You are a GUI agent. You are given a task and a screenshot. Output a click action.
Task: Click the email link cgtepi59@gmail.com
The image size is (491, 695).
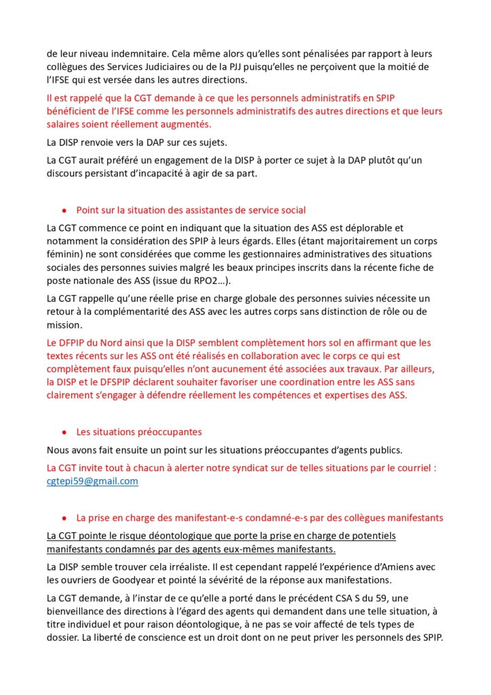pos(92,481)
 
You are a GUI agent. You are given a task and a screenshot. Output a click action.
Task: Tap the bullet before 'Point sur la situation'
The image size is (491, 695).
pos(64,210)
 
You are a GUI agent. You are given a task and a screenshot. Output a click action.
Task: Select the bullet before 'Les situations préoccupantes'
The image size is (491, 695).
pos(64,432)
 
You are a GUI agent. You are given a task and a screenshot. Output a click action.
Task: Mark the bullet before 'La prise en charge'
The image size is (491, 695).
pos(64,518)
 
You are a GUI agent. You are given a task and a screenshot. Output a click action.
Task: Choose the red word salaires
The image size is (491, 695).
pos(66,125)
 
